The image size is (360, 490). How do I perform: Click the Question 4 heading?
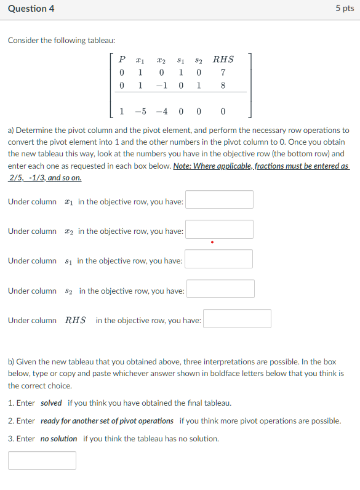(30, 9)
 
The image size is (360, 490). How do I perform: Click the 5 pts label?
(345, 9)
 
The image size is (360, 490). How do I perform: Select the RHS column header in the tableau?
(223, 60)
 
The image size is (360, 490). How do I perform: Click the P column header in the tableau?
(122, 60)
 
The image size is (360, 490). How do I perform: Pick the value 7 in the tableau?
(222, 73)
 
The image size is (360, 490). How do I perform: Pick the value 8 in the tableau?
(222, 86)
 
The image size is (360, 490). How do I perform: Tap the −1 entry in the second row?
(161, 86)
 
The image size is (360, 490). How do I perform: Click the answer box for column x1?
(220, 200)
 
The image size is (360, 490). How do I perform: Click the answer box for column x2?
(220, 230)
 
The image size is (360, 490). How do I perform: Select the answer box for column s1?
(219, 259)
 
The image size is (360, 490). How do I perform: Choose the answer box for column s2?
(221, 289)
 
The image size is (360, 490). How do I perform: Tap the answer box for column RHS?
(238, 319)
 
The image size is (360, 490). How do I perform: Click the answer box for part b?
(42, 460)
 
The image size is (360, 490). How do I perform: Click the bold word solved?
(51, 403)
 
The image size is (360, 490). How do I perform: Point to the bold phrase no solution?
(58, 439)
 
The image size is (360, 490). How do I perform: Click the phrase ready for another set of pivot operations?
(107, 421)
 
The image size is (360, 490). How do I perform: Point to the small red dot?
(212, 242)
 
